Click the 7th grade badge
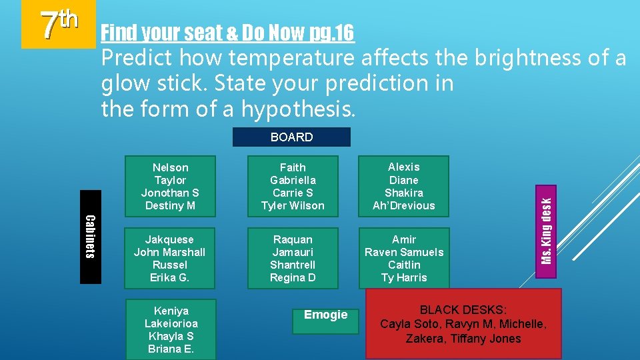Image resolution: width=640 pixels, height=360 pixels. pyautogui.click(x=59, y=25)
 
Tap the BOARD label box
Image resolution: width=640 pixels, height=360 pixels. pyautogui.click(x=291, y=137)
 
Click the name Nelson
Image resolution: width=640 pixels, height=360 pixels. pyautogui.click(x=171, y=167)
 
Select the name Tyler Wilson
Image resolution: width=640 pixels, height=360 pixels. pyautogui.click(x=293, y=205)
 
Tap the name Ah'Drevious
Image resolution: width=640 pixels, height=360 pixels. pyautogui.click(x=404, y=205)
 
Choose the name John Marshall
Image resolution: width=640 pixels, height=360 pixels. pyautogui.click(x=169, y=252)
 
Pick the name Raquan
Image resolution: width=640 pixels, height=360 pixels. pyautogui.click(x=293, y=239)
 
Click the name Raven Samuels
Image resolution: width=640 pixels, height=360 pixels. pyautogui.click(x=404, y=252)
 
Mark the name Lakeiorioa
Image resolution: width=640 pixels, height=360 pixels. pyautogui.click(x=171, y=323)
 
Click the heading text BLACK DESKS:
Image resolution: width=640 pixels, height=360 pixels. pyautogui.click(x=463, y=310)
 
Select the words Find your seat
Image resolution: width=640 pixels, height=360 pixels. pyautogui.click(x=150, y=31)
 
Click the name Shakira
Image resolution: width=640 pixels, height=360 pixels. pyautogui.click(x=404, y=193)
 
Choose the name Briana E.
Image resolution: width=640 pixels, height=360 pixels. pyautogui.click(x=171, y=349)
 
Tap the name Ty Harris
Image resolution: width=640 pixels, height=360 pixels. pyautogui.click(x=404, y=277)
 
